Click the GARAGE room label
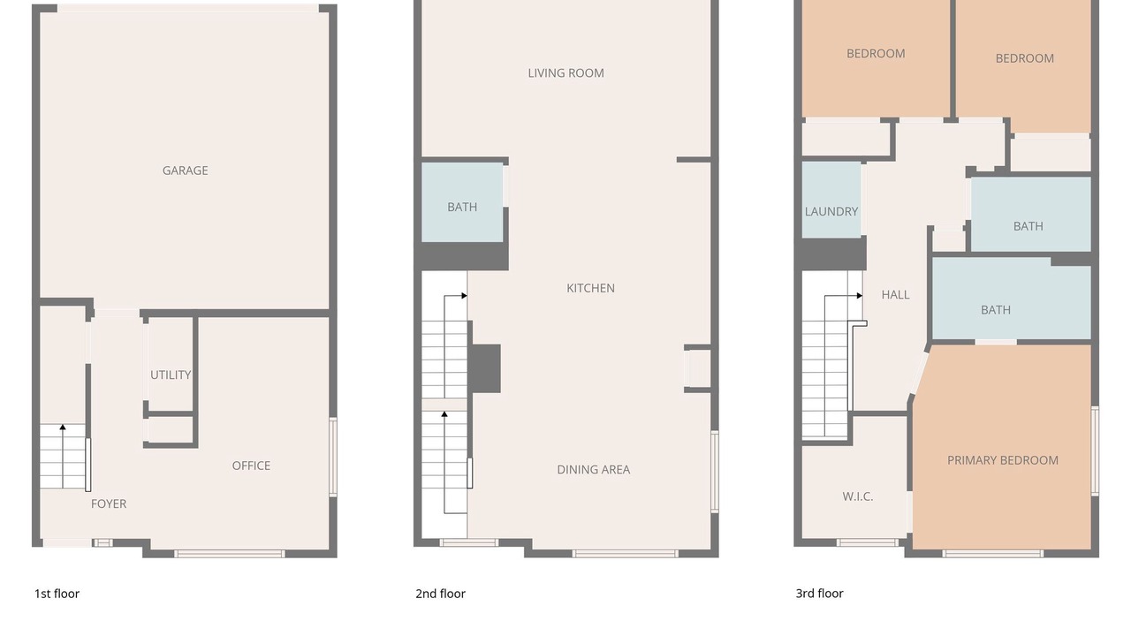pos(185,170)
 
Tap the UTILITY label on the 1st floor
pos(171,375)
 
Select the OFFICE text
pos(251,466)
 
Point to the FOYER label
pos(109,503)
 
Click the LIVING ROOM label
pos(565,73)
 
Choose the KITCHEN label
pos(590,288)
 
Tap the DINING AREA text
pos(593,469)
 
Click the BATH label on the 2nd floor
pos(462,207)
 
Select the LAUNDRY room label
pos(831,211)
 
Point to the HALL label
pos(895,295)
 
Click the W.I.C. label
pos(857,496)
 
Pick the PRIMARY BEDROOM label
pos(1002,460)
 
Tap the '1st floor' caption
pos(57,594)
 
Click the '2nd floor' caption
pos(440,594)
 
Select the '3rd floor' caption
pos(819,594)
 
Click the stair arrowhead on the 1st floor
pos(63,428)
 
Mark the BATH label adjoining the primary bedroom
pos(995,310)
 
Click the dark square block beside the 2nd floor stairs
pos(486,368)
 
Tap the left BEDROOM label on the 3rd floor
pos(876,54)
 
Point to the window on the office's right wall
pos(333,457)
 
